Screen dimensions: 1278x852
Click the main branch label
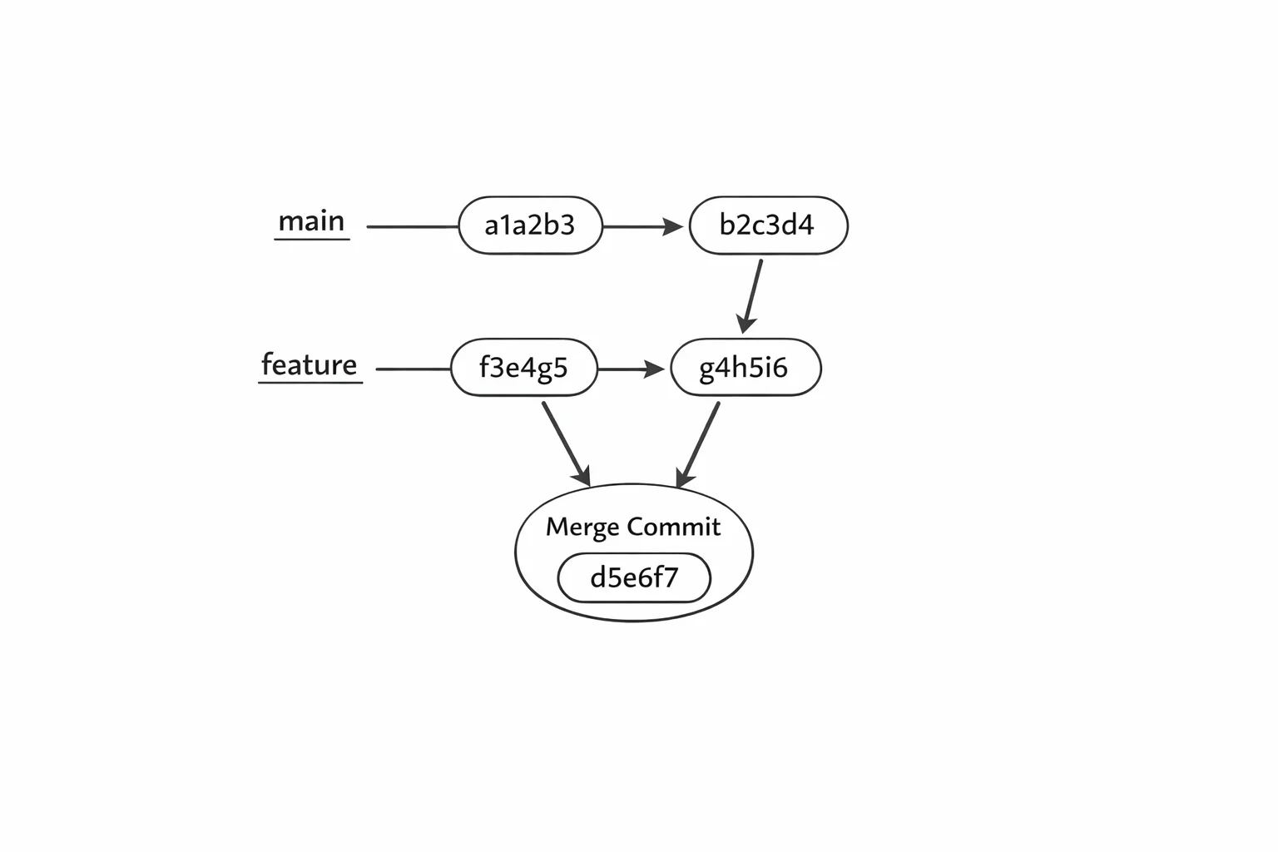311,221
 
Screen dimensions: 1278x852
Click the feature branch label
310,364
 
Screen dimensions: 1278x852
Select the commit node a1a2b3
530,225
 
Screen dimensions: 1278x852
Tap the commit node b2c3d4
769,225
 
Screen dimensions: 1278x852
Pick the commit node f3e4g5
523,368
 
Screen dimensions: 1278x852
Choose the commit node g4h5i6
745,368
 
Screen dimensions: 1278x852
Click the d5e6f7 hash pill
634,577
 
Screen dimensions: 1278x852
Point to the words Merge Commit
632,527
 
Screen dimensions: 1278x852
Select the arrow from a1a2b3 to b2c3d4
643,226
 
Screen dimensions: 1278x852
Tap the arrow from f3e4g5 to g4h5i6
631,369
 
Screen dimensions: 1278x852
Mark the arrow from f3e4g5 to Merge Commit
566,444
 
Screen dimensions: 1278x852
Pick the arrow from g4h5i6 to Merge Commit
698,445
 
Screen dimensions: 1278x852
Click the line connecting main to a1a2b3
413,226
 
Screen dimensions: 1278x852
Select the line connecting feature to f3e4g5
413,369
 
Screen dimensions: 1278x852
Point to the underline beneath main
312,239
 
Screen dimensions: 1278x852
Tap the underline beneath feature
310,382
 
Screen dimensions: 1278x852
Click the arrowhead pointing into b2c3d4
672,226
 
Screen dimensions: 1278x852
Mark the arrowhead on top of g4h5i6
745,324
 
